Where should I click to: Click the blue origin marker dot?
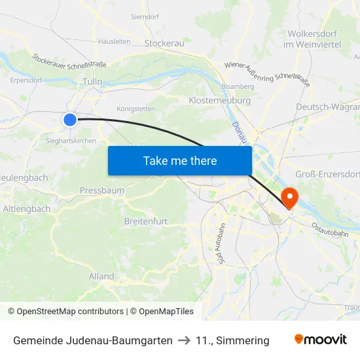(70, 119)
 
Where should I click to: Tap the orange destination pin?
(289, 197)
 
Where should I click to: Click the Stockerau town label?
(164, 43)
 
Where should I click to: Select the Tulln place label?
(93, 82)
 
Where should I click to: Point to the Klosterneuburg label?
(219, 101)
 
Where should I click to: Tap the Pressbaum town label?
(102, 190)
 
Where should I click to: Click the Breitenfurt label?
(146, 221)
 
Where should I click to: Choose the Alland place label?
(101, 276)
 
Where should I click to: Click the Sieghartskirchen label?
(71, 141)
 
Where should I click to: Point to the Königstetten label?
(135, 109)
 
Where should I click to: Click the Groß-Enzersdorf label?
(327, 173)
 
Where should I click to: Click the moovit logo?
(320, 340)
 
